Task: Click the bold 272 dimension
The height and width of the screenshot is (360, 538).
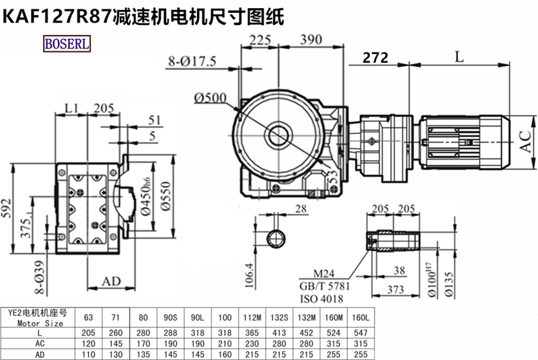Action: [x=375, y=58]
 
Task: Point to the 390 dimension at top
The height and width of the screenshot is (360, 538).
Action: [x=310, y=40]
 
